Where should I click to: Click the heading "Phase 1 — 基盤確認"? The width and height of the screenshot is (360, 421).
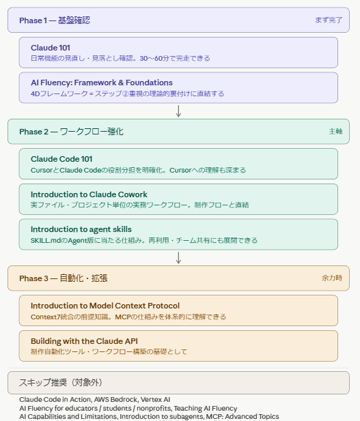pyautogui.click(x=55, y=20)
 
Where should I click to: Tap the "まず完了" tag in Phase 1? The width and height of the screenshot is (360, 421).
pyautogui.click(x=329, y=20)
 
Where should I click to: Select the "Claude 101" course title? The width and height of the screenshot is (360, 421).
pyautogui.click(x=51, y=48)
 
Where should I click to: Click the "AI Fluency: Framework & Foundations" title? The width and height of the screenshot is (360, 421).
pyautogui.click(x=102, y=83)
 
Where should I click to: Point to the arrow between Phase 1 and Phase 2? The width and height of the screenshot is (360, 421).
pyautogui.click(x=178, y=111)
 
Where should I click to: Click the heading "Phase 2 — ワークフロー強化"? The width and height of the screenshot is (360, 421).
pyautogui.click(x=71, y=132)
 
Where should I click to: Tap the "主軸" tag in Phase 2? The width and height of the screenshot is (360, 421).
pyautogui.click(x=335, y=131)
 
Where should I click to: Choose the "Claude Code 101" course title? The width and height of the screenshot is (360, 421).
pyautogui.click(x=61, y=159)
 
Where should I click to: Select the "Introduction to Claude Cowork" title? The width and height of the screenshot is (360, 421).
pyautogui.click(x=89, y=194)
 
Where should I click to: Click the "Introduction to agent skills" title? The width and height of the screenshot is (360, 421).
pyautogui.click(x=81, y=229)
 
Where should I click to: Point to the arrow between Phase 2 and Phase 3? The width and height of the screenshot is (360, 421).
pyautogui.click(x=178, y=258)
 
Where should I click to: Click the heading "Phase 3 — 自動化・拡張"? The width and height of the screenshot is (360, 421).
pyautogui.click(x=63, y=278)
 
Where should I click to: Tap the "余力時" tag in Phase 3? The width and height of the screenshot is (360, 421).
pyautogui.click(x=332, y=278)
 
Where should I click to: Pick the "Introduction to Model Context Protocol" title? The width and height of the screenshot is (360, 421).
pyautogui.click(x=105, y=306)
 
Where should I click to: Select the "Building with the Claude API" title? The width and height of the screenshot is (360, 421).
pyautogui.click(x=84, y=341)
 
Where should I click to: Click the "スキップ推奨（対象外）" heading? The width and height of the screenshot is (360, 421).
pyautogui.click(x=61, y=383)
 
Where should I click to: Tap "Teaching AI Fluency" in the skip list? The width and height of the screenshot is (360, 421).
pyautogui.click(x=206, y=409)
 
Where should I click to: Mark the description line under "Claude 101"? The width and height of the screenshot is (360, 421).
pyautogui.click(x=120, y=58)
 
